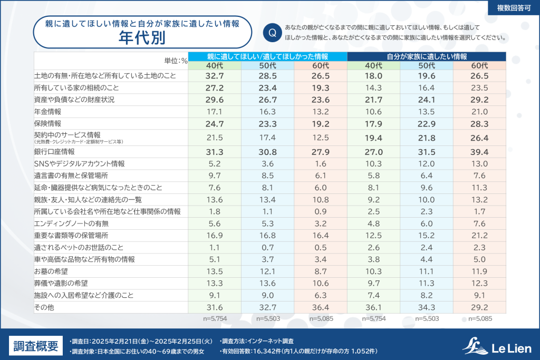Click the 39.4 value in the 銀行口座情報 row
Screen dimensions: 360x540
pyautogui.click(x=479, y=152)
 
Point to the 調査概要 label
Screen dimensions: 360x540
pyautogui.click(x=36, y=346)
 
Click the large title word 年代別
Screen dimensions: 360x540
pyautogui.click(x=141, y=38)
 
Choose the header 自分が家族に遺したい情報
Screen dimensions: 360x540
pyautogui.click(x=427, y=56)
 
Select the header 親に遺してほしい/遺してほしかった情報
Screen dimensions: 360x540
pyautogui.click(x=267, y=56)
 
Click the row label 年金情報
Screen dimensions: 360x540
pyautogui.click(x=47, y=112)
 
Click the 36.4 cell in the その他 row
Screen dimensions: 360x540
pyautogui.click(x=320, y=308)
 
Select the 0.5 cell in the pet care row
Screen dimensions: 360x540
pyautogui.click(x=320, y=247)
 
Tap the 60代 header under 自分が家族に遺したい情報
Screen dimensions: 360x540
pyautogui.click(x=479, y=66)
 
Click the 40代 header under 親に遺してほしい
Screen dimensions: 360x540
pyautogui.click(x=215, y=66)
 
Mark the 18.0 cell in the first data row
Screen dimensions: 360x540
pyautogui.click(x=373, y=76)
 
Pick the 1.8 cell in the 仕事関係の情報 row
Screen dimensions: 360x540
pyautogui.click(x=215, y=211)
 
